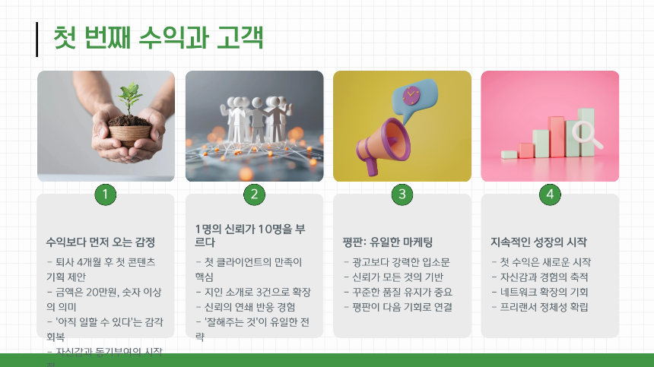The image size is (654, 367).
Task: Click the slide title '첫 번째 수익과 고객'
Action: coord(158,39)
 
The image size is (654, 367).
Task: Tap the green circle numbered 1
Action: coord(105,195)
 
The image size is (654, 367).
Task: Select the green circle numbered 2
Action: coord(254,195)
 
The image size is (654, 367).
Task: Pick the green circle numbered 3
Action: coord(402,195)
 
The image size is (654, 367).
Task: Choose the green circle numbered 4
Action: coord(550,195)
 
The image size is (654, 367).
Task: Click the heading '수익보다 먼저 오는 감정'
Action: coord(100,242)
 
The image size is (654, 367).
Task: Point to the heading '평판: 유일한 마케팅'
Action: coord(388,242)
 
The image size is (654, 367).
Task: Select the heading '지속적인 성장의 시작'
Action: coord(538,242)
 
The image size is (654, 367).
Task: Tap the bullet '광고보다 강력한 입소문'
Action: coord(396,262)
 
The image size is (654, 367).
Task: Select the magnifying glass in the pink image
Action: coord(588,134)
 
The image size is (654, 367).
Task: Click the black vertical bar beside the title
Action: coord(37,40)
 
